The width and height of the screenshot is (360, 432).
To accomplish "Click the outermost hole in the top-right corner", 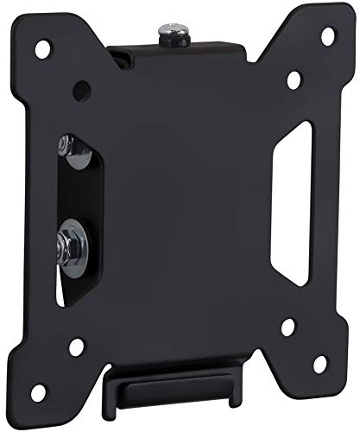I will click(327, 36).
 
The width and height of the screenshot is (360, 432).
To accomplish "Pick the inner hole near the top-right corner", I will click(294, 79).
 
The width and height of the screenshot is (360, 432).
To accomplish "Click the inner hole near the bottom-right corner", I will click(288, 327).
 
